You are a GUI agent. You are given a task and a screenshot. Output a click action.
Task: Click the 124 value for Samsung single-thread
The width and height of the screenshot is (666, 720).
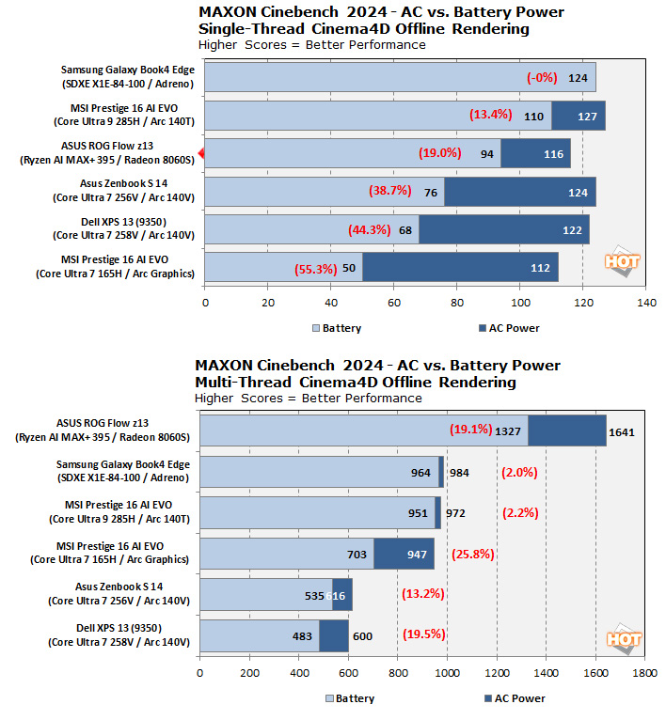(x=578, y=78)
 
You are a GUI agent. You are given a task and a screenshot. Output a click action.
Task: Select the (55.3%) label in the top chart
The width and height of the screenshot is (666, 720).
(x=315, y=268)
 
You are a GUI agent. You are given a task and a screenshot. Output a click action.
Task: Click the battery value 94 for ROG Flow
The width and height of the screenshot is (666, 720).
(x=487, y=154)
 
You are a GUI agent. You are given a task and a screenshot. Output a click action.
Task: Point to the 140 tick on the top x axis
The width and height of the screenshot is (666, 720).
(x=646, y=304)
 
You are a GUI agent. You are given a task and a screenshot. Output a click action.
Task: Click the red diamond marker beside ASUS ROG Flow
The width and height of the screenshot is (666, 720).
(x=199, y=153)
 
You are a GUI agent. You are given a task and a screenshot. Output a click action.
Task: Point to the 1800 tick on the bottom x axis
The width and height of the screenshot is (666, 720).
(x=644, y=673)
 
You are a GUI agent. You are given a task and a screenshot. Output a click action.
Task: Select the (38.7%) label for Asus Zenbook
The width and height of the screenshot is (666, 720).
(x=389, y=191)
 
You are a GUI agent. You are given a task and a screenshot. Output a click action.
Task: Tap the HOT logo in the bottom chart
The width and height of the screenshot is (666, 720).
(x=625, y=639)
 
